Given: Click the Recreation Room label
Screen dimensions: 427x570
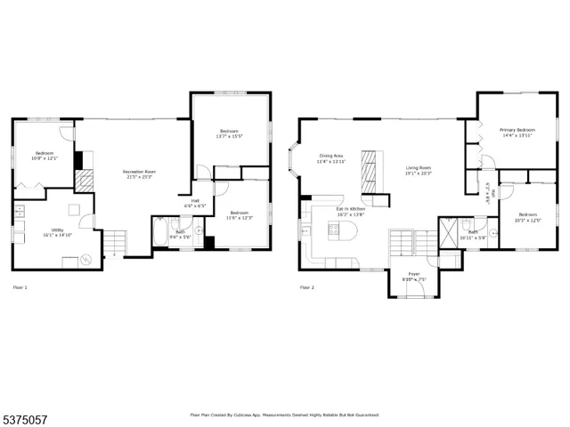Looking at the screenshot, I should [138, 173].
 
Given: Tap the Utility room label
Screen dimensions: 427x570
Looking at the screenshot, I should [57, 233].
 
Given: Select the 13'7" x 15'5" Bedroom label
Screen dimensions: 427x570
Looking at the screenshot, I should [230, 134].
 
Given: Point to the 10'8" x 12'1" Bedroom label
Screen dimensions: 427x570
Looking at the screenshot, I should [45, 156].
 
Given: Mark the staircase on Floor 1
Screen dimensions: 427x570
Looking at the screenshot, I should [113, 240].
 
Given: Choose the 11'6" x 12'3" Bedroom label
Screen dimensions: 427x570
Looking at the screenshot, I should [239, 214].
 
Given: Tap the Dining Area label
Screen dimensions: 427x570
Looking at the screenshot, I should [331, 158].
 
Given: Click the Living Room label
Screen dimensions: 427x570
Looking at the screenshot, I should [419, 170].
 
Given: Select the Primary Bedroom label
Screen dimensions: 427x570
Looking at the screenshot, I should [517, 133].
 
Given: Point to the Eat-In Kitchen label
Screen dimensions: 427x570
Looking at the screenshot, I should [351, 212].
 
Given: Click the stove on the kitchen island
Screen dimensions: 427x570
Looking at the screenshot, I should [337, 233].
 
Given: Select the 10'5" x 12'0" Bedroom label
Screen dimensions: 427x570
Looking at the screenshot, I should [528, 216].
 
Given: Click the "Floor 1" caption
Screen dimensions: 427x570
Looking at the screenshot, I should [20, 287].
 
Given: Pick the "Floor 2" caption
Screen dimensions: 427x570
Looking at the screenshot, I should [306, 287].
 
